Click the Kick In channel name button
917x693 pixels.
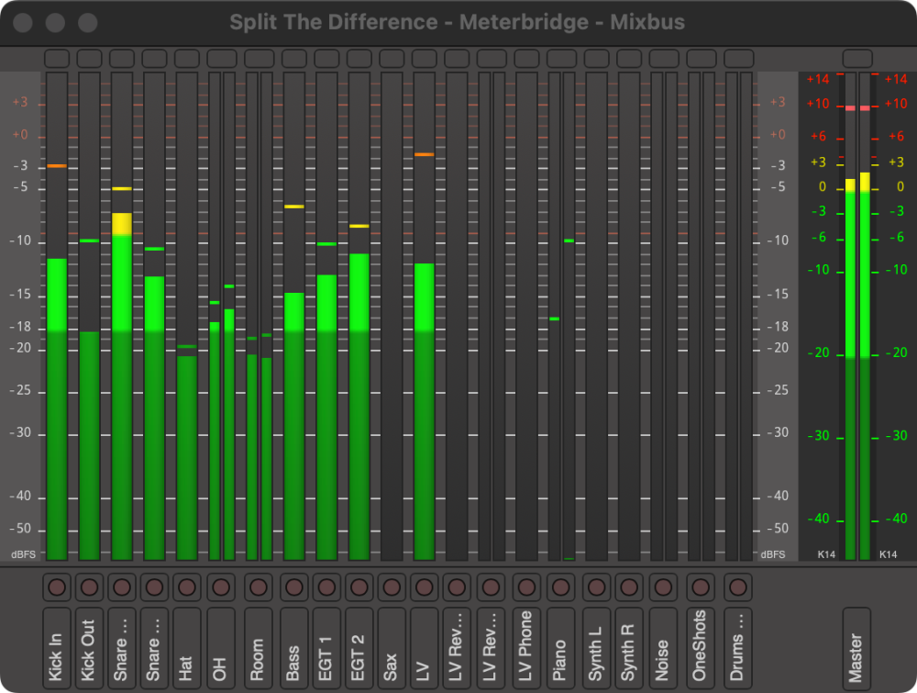[x=56, y=645]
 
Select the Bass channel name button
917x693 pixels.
[x=293, y=645]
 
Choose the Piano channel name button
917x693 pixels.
[x=560, y=645]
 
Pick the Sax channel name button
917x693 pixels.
[x=392, y=645]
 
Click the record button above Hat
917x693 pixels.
[x=187, y=587]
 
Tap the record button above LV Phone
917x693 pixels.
[x=526, y=587]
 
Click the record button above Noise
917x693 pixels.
[x=663, y=587]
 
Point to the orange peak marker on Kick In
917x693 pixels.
[x=57, y=166]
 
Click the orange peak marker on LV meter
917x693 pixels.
[x=424, y=154]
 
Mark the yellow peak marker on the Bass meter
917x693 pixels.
[x=293, y=207]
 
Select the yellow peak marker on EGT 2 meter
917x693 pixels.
[x=359, y=226]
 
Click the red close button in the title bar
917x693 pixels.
[x=22, y=22]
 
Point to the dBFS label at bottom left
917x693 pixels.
[x=23, y=554]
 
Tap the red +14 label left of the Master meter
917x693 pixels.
[x=816, y=80]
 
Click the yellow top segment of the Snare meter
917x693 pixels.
[x=122, y=224]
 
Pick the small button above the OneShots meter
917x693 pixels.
[x=701, y=59]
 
